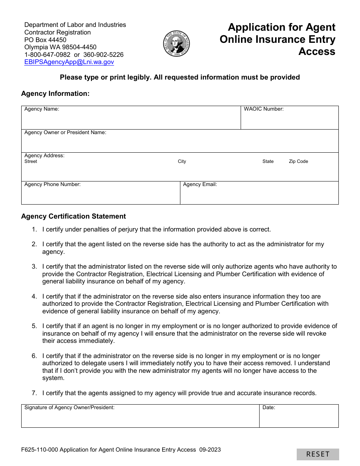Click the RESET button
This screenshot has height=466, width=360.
(x=318, y=454)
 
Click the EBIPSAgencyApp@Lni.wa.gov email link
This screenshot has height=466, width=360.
(x=69, y=62)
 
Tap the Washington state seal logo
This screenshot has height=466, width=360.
(x=176, y=44)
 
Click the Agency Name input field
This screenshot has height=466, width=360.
(x=131, y=120)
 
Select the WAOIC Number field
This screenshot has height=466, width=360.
(x=290, y=120)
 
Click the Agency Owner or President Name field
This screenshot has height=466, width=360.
(x=180, y=144)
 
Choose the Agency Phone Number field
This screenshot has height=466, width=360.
(x=100, y=195)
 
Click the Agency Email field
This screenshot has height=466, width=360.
(x=259, y=195)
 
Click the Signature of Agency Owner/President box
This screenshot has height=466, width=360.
(x=140, y=419)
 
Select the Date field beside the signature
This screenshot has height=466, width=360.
(x=299, y=419)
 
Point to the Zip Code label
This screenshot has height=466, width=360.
(x=298, y=161)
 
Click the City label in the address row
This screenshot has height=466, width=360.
(x=182, y=161)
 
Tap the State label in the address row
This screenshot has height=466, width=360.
(x=268, y=161)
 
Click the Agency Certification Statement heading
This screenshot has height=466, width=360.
(x=74, y=216)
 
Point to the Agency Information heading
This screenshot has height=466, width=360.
(x=55, y=94)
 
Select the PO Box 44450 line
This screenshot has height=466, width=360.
(x=45, y=40)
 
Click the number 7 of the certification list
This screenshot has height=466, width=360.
(x=34, y=393)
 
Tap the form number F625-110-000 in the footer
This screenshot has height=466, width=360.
(x=39, y=450)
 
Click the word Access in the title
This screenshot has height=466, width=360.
(x=317, y=52)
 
